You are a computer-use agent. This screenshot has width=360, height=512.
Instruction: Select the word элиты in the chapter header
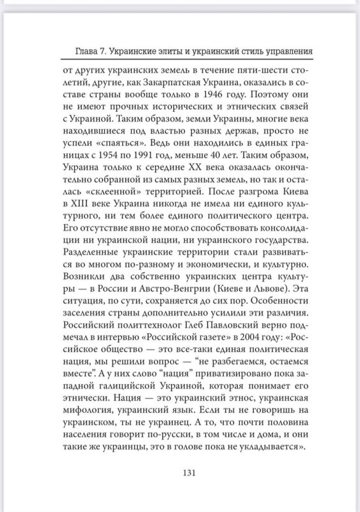[x=189, y=51]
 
